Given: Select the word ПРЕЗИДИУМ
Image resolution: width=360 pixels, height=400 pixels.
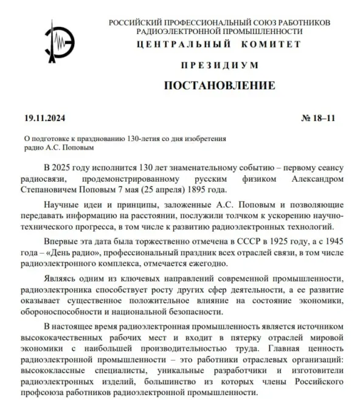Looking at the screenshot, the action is (x=220, y=65).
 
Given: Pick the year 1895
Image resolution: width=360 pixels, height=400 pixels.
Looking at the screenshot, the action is (x=202, y=190).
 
